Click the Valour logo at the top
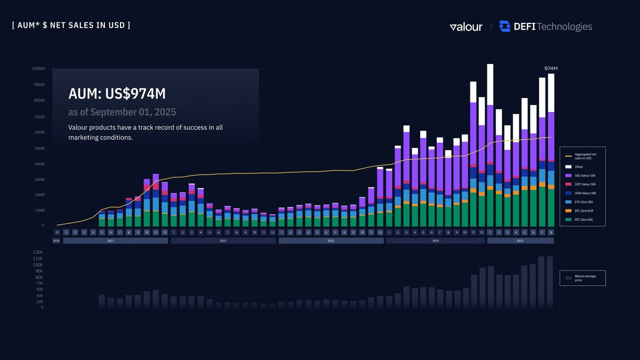(x=466, y=27)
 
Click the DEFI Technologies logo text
(x=546, y=27)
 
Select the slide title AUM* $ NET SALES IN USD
(x=71, y=25)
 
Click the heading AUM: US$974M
(x=117, y=94)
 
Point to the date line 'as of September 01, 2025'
(x=122, y=113)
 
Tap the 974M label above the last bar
(x=550, y=69)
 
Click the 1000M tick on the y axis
(x=38, y=69)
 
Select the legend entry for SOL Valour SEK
(x=582, y=175)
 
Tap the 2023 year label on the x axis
(x=331, y=241)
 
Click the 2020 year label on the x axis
(x=56, y=241)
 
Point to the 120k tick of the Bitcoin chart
(x=38, y=252)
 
